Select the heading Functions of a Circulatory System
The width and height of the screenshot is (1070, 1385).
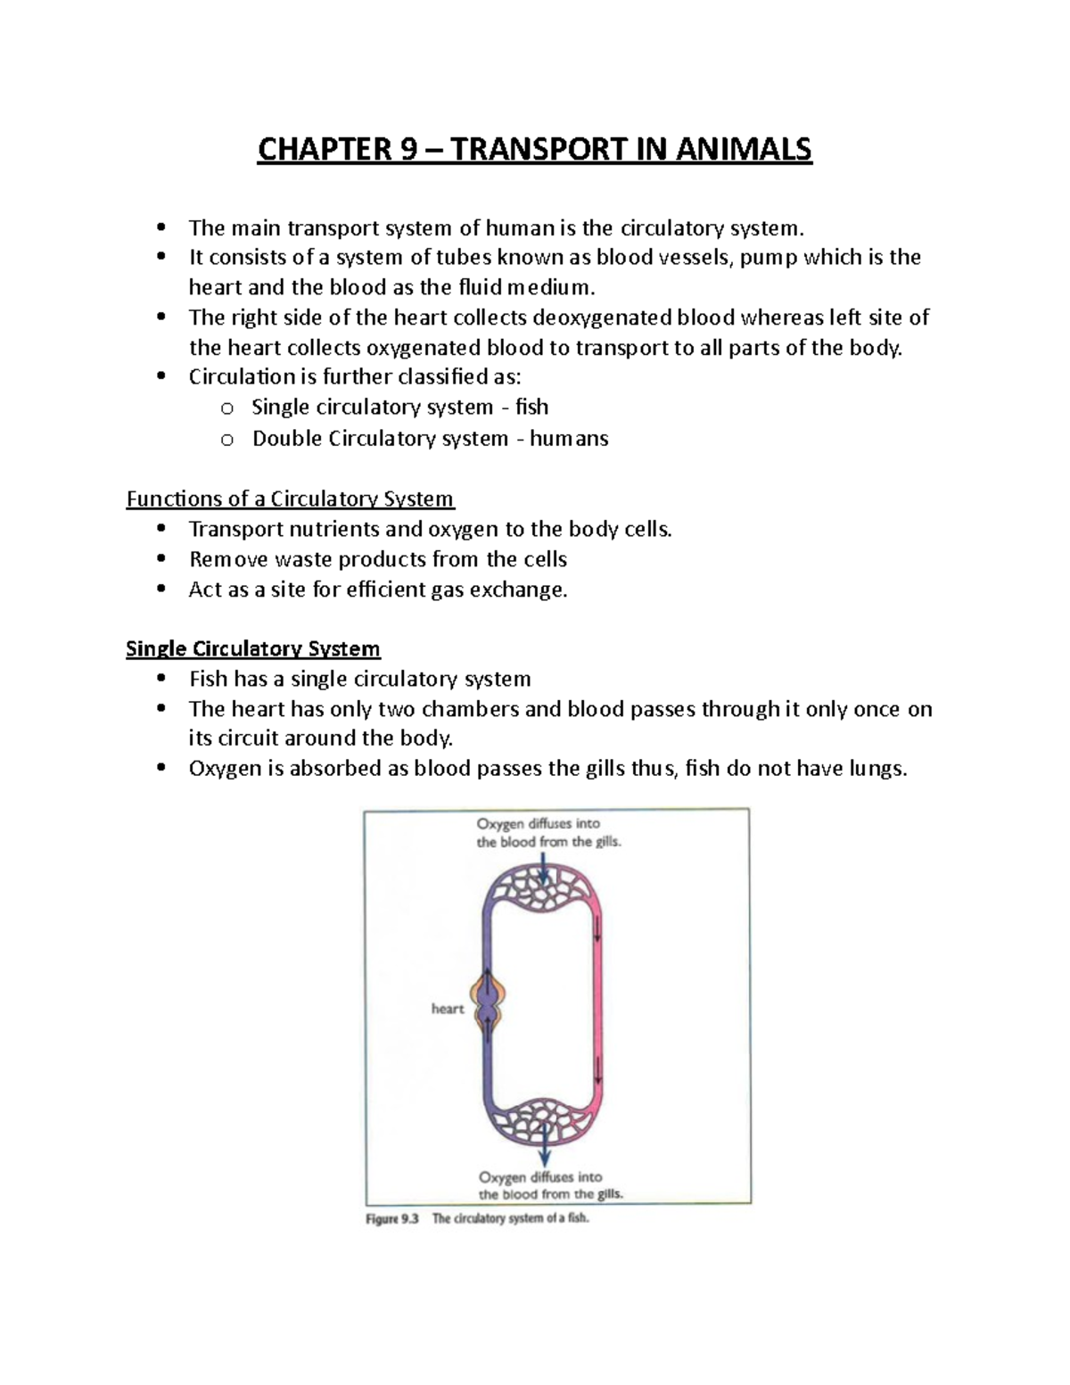[x=290, y=499]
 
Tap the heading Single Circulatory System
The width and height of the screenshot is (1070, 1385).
[x=252, y=648]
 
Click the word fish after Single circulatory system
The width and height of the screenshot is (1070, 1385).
[x=531, y=408]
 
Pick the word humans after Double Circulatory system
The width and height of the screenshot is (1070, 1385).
[x=569, y=439]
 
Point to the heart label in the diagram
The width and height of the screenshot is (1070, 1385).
[x=448, y=1009]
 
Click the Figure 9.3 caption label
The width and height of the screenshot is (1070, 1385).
[x=391, y=1218]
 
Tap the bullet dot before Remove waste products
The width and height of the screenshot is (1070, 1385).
[x=161, y=559]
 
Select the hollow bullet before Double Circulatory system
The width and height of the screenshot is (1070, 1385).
[x=226, y=439]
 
